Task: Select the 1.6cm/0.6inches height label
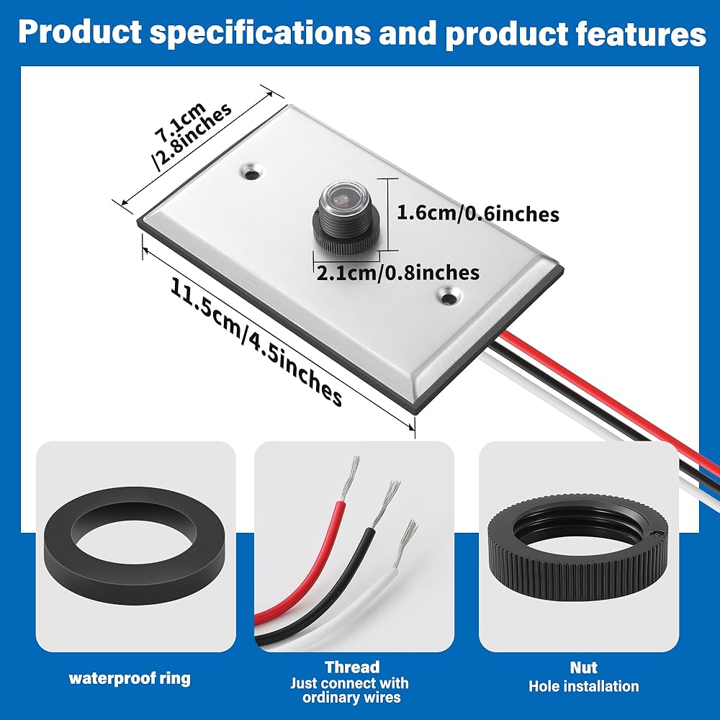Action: (478, 214)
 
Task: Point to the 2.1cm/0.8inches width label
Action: (398, 272)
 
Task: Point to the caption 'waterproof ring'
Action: (130, 678)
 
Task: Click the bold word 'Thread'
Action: (352, 667)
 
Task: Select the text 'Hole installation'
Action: (583, 686)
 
